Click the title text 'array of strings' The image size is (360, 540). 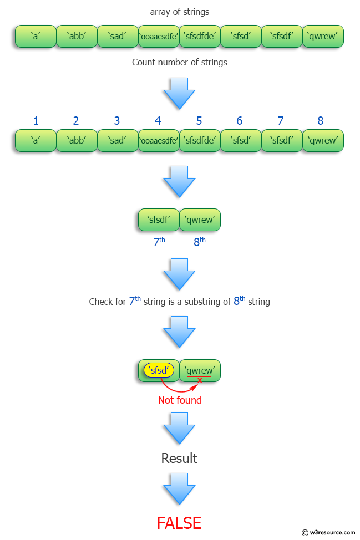pos(180,12)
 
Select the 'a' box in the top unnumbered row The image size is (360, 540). pos(36,36)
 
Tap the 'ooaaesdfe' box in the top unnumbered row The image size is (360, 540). pos(159,36)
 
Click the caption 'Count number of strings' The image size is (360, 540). pos(180,62)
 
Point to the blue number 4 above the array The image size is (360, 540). pos(158,121)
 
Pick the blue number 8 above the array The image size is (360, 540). pos(320,121)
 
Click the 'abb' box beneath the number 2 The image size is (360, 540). pos(77,140)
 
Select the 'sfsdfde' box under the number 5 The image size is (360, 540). pos(200,140)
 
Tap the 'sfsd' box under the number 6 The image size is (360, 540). pos(241,140)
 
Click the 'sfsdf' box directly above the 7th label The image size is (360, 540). pos(159,220)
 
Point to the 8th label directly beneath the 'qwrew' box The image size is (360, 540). pos(200,241)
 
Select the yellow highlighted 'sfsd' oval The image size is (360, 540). pos(159,370)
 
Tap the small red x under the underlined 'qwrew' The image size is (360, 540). pos(200,380)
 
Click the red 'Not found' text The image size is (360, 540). pos(180,400)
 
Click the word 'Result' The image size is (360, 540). pos(179,458)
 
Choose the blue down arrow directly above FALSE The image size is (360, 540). pos(180,488)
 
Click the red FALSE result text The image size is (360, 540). pos(179,522)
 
